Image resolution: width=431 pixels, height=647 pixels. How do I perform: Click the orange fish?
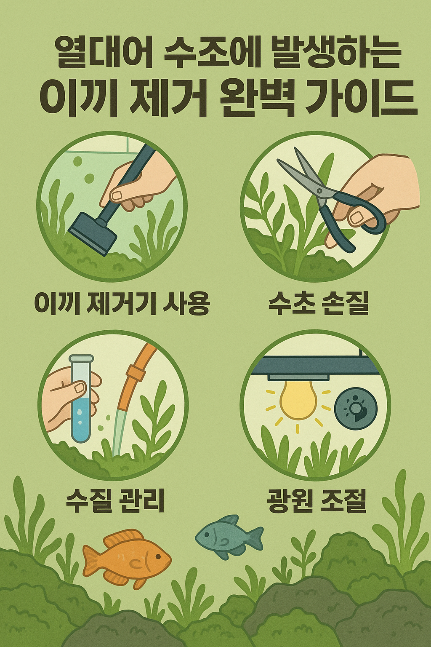point(126,558)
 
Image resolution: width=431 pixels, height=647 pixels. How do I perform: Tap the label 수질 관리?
point(115,500)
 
